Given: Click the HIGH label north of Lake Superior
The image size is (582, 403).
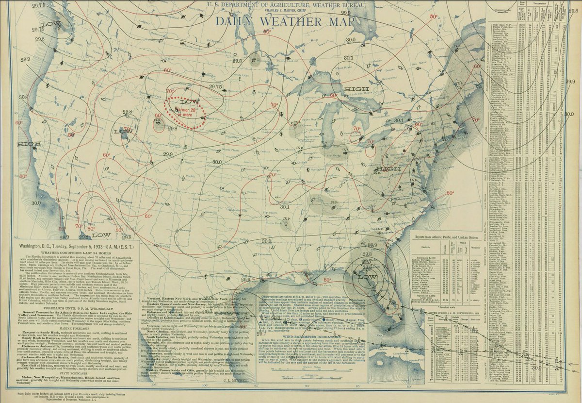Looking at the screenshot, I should pyautogui.click(x=356, y=89).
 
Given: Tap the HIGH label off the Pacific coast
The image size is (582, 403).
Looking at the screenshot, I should pyautogui.click(x=28, y=144).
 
